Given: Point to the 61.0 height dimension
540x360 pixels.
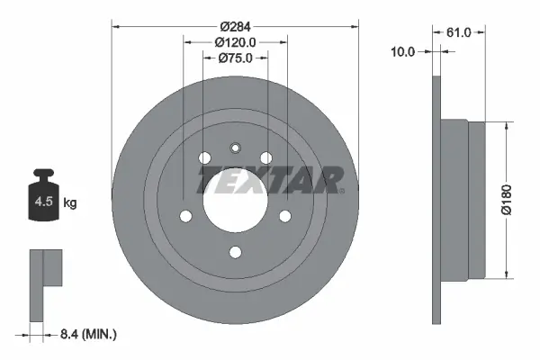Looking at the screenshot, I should [458, 32].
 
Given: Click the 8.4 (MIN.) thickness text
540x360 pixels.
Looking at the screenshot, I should [87, 334].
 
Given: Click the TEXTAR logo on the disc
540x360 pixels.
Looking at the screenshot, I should [270, 180].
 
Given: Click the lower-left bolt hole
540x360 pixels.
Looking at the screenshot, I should [186, 216].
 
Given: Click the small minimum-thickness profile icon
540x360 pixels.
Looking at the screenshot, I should [45, 283].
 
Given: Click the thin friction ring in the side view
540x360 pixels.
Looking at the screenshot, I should [438, 199].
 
